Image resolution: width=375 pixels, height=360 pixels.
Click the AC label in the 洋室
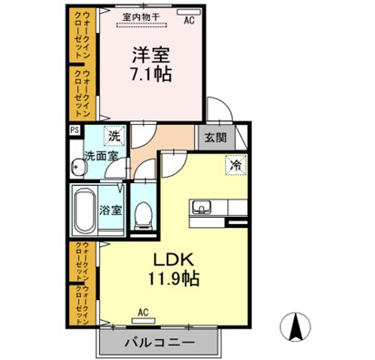(x=188, y=19)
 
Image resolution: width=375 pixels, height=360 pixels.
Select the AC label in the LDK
(x=142, y=312)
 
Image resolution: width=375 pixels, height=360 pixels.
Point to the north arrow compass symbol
(x=297, y=324)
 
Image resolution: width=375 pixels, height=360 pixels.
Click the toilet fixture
(x=143, y=215)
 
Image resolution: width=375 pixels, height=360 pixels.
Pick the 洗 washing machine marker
(x=114, y=137)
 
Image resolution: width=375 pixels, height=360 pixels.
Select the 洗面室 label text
(x=100, y=156)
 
